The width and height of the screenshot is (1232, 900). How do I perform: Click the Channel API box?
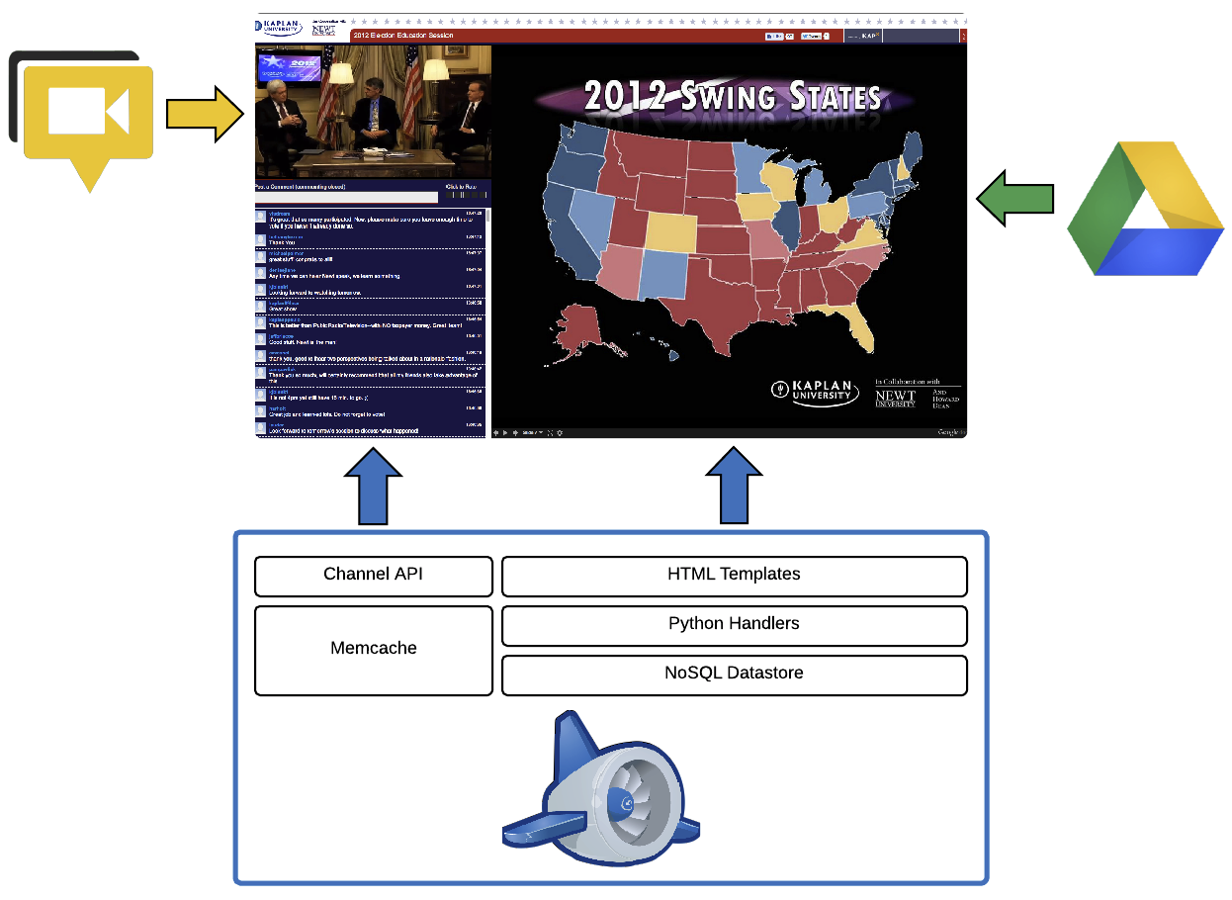(373, 576)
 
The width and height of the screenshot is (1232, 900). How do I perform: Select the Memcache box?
(373, 650)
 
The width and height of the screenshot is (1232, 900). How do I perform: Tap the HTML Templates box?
(734, 576)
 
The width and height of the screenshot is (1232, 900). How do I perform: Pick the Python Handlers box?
(734, 625)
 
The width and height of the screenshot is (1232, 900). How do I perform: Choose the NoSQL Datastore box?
(734, 675)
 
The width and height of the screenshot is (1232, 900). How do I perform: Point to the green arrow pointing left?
(1014, 200)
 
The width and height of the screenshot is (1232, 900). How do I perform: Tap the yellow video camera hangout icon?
(89, 116)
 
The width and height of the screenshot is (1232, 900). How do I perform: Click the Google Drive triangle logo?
(1147, 210)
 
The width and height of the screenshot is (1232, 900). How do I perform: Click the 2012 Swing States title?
(733, 97)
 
